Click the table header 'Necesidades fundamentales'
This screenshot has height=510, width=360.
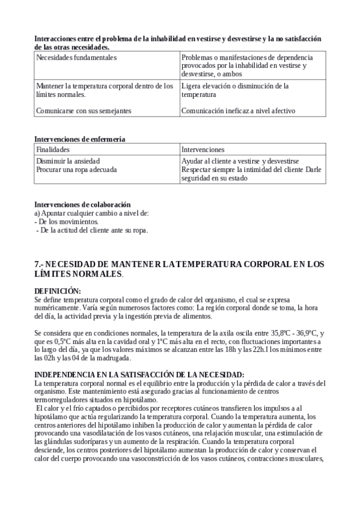point(76,57)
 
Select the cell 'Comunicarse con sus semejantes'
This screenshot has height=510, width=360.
point(84,111)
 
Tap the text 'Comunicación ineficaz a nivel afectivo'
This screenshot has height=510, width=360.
point(238,111)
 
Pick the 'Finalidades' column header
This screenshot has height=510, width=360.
point(53,149)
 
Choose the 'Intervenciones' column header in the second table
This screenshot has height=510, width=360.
point(203,149)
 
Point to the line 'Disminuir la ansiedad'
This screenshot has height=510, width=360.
point(68,161)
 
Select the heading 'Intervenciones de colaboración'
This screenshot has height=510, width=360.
point(82,204)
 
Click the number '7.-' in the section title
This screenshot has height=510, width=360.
point(40,264)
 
